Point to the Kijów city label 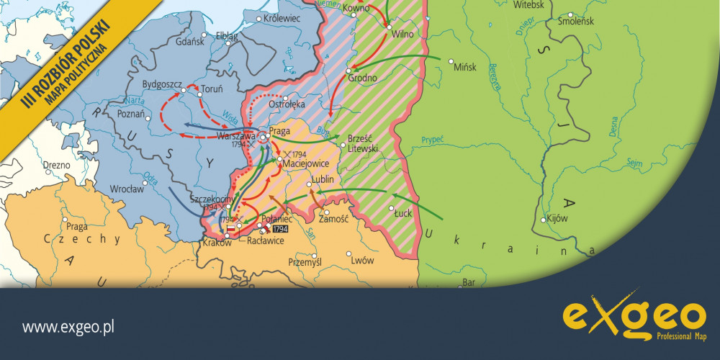click(558, 218)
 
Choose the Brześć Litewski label click(362, 143)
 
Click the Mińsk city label click(466, 67)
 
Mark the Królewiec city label click(282, 17)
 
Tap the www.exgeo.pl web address click(69, 328)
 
